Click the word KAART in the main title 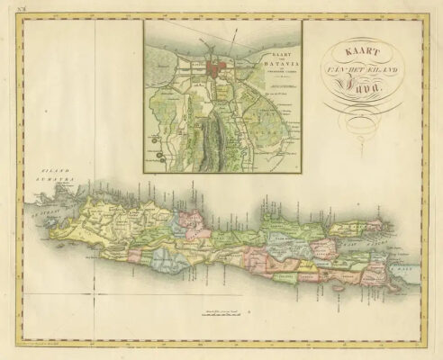coord(351,52)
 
